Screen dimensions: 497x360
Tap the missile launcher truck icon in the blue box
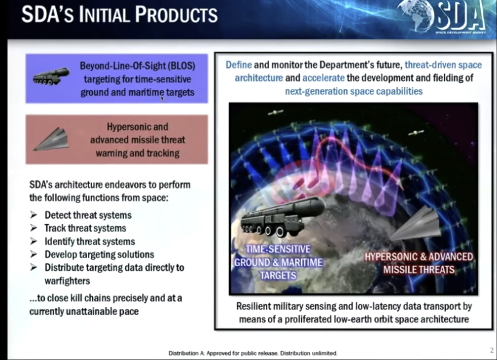click(51, 76)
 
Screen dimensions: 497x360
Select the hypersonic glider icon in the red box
click(51, 139)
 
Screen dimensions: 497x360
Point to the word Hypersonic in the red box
click(126, 127)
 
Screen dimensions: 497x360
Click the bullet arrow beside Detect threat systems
click(34, 215)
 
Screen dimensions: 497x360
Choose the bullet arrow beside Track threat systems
click(34, 228)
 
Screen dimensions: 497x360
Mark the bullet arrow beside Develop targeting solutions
click(34, 254)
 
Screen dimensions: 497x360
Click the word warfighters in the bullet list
click(67, 281)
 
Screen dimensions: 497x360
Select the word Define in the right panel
click(239, 65)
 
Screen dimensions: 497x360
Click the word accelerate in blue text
click(323, 78)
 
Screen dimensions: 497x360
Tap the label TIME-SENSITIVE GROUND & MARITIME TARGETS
click(278, 262)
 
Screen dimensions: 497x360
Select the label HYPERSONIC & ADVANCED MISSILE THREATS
click(419, 263)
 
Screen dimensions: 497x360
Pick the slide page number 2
click(492, 350)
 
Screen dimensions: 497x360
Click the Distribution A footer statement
click(253, 353)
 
